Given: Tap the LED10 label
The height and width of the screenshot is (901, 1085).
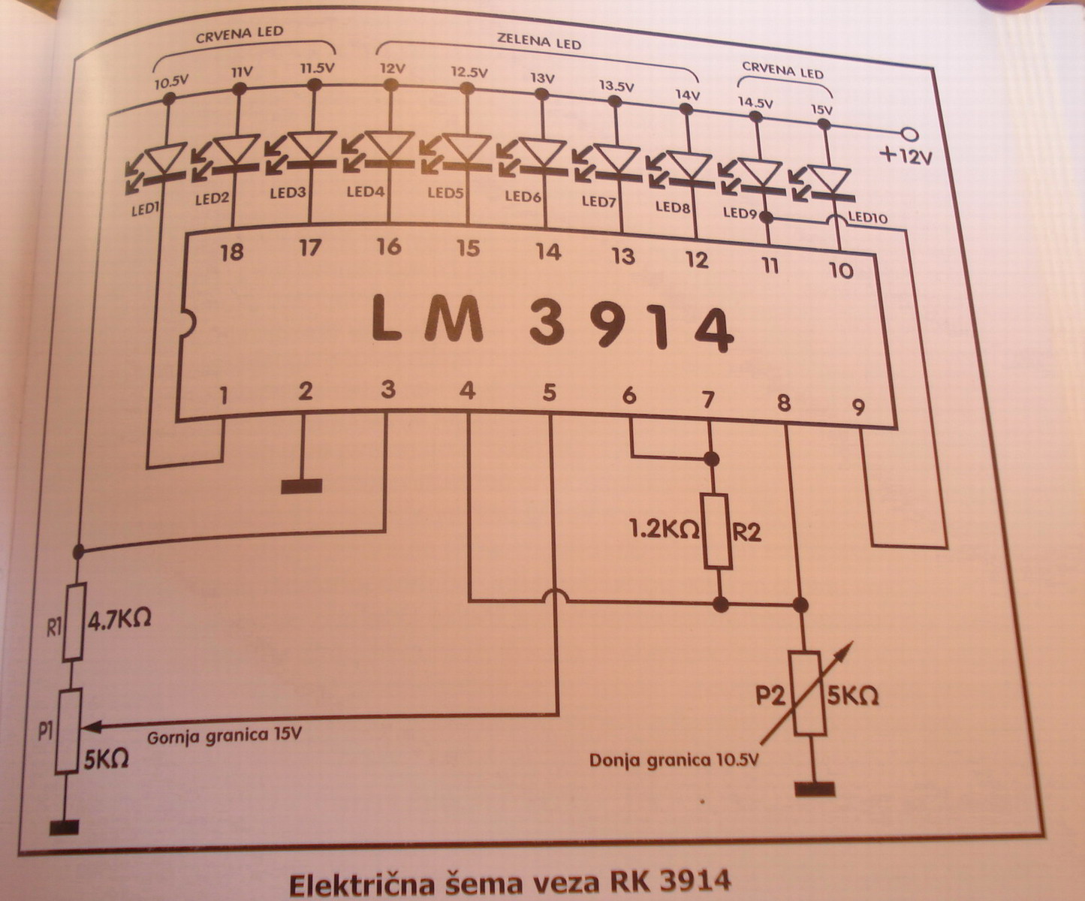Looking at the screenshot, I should pyautogui.click(x=868, y=218).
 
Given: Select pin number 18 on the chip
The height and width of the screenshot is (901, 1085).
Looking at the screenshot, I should pyautogui.click(x=232, y=252).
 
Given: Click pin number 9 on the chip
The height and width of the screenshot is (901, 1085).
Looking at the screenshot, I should pyautogui.click(x=858, y=407).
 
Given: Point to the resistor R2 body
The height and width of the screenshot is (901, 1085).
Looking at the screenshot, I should pyautogui.click(x=717, y=531).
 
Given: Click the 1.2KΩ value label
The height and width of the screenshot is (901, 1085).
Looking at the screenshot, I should pyautogui.click(x=664, y=529).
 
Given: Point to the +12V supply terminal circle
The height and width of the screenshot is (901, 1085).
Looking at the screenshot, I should pyautogui.click(x=909, y=134).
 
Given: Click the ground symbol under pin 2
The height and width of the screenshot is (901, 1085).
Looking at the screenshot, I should pyautogui.click(x=302, y=486).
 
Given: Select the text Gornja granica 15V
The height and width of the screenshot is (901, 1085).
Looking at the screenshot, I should pyautogui.click(x=224, y=735).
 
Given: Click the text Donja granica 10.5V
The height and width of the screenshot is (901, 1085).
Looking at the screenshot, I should pyautogui.click(x=674, y=759).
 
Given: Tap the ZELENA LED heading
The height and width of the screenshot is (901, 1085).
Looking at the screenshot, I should pyautogui.click(x=539, y=41).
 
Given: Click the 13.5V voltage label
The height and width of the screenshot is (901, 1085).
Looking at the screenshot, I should pyautogui.click(x=616, y=86).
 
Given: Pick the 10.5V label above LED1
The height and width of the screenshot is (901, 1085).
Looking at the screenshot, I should pyautogui.click(x=170, y=82).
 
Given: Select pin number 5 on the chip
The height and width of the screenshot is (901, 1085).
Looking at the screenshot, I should pyautogui.click(x=549, y=393).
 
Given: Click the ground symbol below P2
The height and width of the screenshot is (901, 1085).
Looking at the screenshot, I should pyautogui.click(x=814, y=789).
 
